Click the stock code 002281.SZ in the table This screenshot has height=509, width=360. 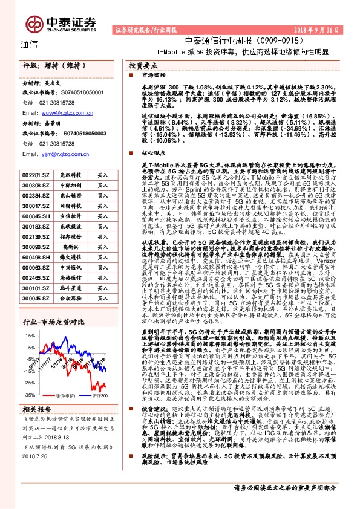click(x=35, y=175)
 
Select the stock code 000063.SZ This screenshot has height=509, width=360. click(x=35, y=267)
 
